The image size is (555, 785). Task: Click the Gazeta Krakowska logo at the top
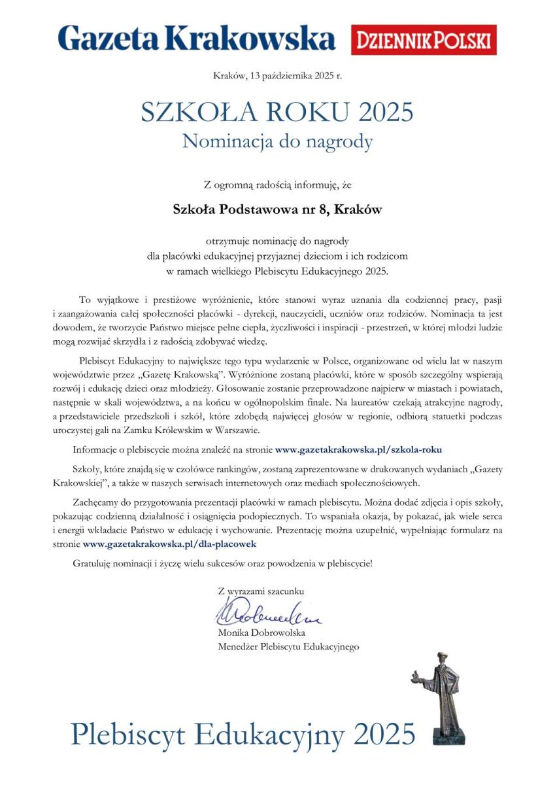[x=196, y=39]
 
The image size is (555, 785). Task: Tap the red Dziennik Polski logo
[x=424, y=40]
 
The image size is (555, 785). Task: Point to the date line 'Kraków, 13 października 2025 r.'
[x=277, y=76]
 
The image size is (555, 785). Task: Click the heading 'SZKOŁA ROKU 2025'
[x=277, y=112]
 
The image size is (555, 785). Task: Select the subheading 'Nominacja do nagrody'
[x=277, y=141]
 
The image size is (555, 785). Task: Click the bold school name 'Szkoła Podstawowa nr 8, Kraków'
[x=277, y=210]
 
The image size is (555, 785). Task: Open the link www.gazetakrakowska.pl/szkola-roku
[x=363, y=449]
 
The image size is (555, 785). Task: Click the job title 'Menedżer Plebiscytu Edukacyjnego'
[x=288, y=646]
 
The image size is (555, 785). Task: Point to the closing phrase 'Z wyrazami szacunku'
[x=261, y=591]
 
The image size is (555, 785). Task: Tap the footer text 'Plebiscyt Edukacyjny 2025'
[x=243, y=733]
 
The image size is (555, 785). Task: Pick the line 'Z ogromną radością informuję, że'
[x=277, y=186]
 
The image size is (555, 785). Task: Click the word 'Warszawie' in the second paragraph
[x=238, y=430]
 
